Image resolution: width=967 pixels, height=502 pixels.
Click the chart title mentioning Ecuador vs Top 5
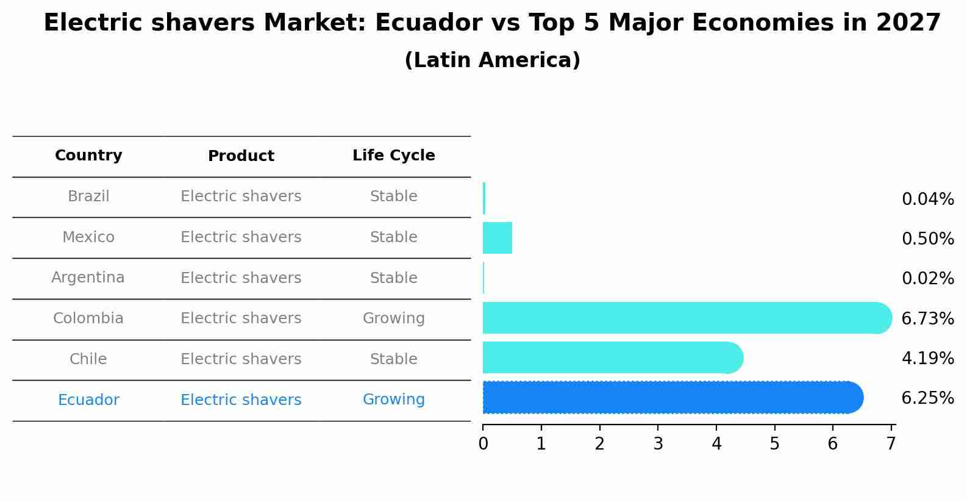click(x=492, y=23)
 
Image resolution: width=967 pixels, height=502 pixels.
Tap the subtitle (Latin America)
click(x=492, y=60)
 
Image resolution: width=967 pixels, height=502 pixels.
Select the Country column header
click(x=88, y=156)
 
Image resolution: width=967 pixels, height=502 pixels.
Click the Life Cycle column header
click(x=393, y=156)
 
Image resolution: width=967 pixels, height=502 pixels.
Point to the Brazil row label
click(x=88, y=196)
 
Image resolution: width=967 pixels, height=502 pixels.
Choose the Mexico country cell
click(x=88, y=237)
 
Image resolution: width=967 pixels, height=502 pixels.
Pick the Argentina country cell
click(x=88, y=278)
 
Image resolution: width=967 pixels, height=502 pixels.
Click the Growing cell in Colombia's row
click(x=393, y=318)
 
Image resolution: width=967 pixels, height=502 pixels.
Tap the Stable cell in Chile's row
click(x=393, y=359)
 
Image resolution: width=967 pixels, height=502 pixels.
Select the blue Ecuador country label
click(x=88, y=400)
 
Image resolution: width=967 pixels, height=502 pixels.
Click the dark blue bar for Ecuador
click(x=671, y=398)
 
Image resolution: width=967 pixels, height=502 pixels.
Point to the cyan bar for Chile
click(x=610, y=357)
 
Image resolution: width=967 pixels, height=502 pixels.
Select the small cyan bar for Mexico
click(x=498, y=238)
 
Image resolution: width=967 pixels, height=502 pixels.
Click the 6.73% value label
click(x=927, y=318)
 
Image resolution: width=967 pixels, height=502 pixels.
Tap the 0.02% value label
click(x=927, y=279)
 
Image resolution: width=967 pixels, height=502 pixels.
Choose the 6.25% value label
click(x=927, y=398)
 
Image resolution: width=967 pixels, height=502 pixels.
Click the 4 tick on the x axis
click(x=716, y=443)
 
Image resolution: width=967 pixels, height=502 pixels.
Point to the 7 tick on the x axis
click(x=891, y=443)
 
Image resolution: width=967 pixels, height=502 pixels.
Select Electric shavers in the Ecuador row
click(x=241, y=400)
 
